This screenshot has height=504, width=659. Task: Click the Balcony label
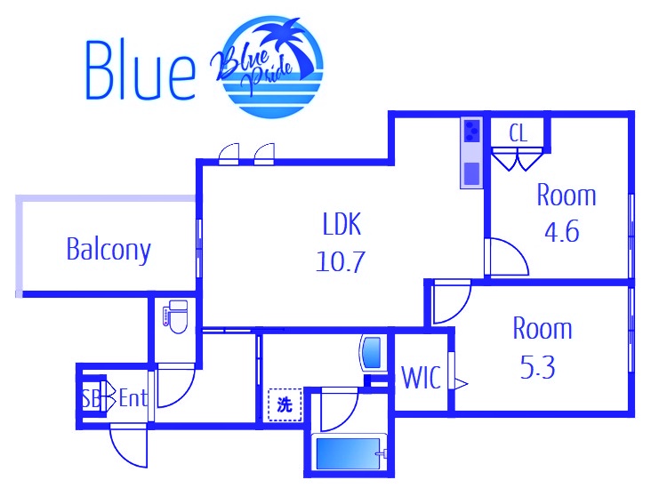click(x=108, y=250)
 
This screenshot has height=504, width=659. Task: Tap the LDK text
click(x=342, y=224)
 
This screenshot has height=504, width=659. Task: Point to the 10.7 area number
click(x=341, y=261)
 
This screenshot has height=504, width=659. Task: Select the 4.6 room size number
click(x=562, y=231)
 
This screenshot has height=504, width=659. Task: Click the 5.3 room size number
click(x=537, y=367)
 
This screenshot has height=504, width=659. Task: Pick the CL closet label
click(x=518, y=133)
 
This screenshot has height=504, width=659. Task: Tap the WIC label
click(x=422, y=378)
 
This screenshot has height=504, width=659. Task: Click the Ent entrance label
click(x=133, y=397)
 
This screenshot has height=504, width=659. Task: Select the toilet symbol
click(x=175, y=316)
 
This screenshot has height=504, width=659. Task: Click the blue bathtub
click(x=348, y=453)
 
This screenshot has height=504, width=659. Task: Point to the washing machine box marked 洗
click(x=285, y=404)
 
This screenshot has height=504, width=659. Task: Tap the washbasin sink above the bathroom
click(x=374, y=353)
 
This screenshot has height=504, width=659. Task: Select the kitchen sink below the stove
click(x=472, y=174)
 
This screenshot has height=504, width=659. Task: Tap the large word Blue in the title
click(x=141, y=70)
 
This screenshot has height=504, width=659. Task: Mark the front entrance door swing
click(x=128, y=445)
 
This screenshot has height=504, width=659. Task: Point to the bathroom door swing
click(x=339, y=410)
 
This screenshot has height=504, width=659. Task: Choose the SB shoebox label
click(x=91, y=398)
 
